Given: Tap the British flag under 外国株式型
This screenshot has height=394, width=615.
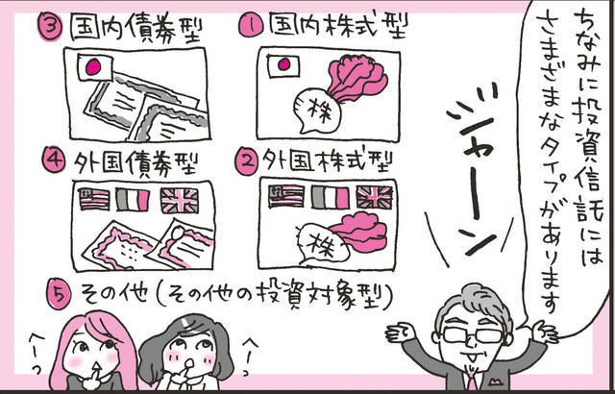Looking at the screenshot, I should point(374,197).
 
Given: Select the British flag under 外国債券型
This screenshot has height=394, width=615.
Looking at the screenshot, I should point(179,200).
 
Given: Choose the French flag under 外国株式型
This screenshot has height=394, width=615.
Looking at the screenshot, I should point(329,197).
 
